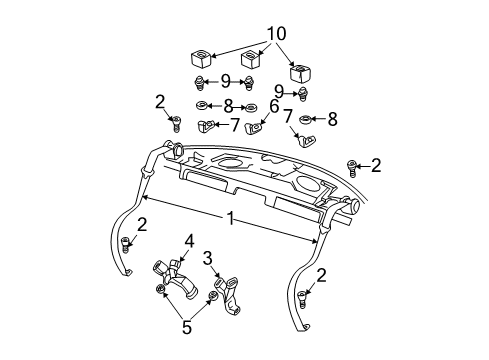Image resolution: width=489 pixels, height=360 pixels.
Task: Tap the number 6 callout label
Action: [x=273, y=105]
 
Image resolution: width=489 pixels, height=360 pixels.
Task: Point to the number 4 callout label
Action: [x=188, y=239]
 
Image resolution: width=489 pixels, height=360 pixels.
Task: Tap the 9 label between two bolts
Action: [x=225, y=81]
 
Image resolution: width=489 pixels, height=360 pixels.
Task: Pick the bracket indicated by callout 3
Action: [x=230, y=289]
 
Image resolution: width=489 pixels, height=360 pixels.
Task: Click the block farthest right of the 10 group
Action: [x=298, y=72]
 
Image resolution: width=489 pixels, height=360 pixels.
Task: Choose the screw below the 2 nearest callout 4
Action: [x=125, y=245]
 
